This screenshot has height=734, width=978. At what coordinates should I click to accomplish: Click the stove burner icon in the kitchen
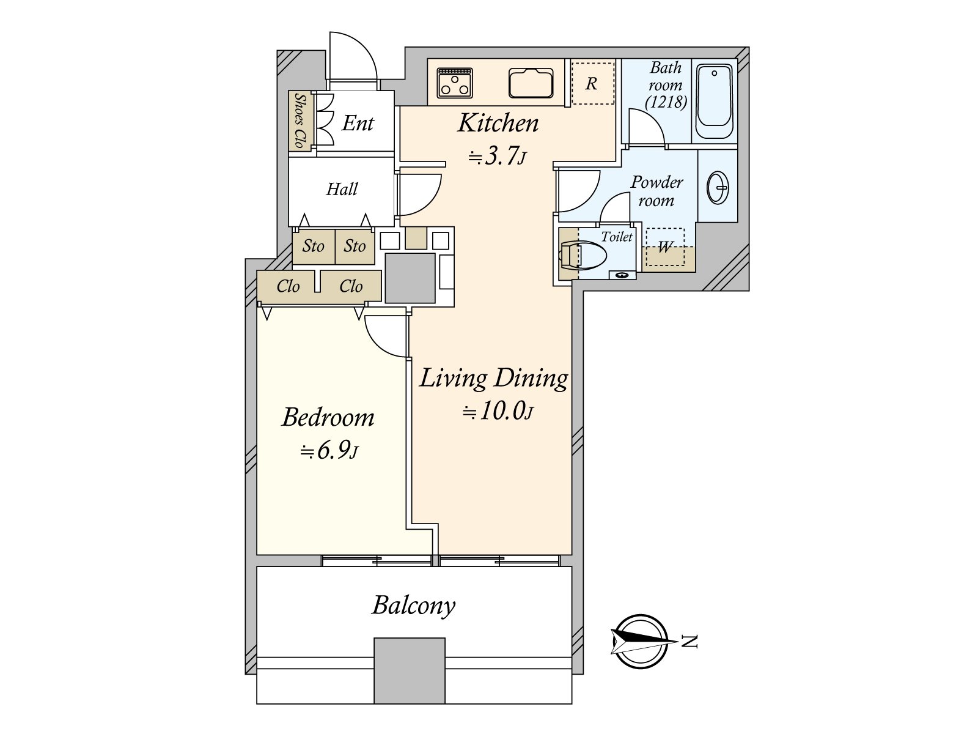click(455, 83)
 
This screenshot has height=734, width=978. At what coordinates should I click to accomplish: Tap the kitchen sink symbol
click(531, 83)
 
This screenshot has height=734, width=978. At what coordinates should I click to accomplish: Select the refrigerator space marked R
click(592, 83)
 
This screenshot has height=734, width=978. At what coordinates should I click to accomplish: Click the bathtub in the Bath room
click(715, 102)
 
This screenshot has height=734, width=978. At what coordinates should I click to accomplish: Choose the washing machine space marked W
click(665, 247)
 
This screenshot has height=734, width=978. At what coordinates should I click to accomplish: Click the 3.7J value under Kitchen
click(497, 157)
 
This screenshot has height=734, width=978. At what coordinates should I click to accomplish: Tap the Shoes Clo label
click(300, 120)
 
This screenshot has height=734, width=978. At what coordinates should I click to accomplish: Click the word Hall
click(342, 189)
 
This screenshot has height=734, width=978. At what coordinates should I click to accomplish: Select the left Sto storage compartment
click(314, 247)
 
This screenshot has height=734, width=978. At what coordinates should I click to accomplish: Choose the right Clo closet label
click(351, 286)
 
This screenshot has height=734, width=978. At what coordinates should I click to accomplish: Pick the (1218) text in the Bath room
click(666, 102)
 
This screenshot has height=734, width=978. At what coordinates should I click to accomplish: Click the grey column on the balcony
click(410, 671)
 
